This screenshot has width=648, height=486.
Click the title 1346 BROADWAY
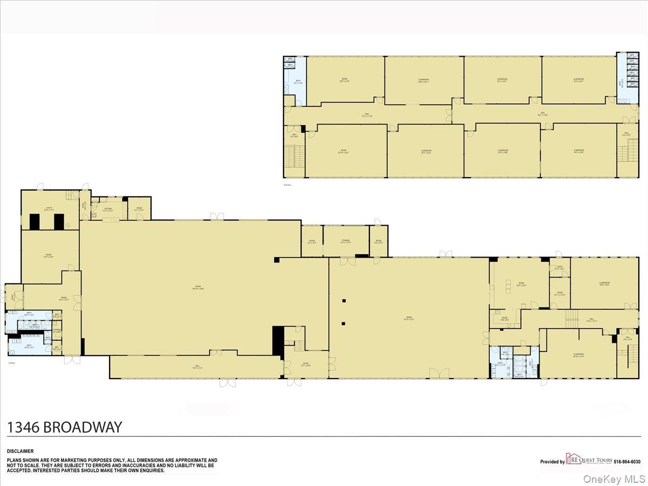(64, 427)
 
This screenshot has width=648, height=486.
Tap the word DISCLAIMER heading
(20, 451)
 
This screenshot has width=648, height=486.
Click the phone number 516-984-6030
(628, 462)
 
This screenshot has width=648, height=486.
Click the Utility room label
(48, 208)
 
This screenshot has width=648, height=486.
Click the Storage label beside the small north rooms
(346, 241)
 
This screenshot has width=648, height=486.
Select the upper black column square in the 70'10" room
(343, 301)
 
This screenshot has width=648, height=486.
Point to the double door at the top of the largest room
(217, 217)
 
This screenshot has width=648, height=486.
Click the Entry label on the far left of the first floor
(13, 296)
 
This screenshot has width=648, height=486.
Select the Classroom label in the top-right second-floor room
(578, 80)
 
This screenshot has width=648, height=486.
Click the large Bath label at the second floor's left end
(298, 83)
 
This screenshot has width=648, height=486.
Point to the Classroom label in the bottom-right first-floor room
(578, 355)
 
